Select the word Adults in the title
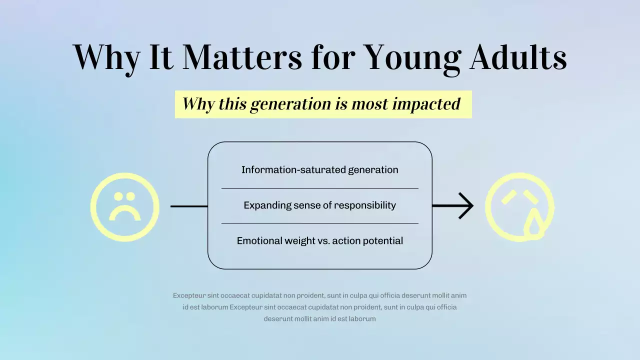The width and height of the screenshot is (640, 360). coord(518,57)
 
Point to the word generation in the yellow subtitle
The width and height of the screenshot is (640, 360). coord(291,104)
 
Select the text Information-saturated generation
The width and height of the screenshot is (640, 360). coord(319,170)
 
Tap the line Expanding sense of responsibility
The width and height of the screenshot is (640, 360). coord(319,205)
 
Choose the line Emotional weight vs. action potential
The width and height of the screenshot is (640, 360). coord(319,241)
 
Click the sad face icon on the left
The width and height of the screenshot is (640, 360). coord(124,206)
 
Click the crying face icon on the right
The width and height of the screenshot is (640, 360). coord(519,206)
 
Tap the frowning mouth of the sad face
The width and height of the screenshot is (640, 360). coord(124,214)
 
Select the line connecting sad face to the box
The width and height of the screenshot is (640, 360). coord(189,206)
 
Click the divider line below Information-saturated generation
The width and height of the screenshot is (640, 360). coord(319,188)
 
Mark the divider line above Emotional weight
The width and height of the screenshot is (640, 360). coord(319,223)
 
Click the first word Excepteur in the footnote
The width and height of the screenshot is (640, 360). coord(189,295)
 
